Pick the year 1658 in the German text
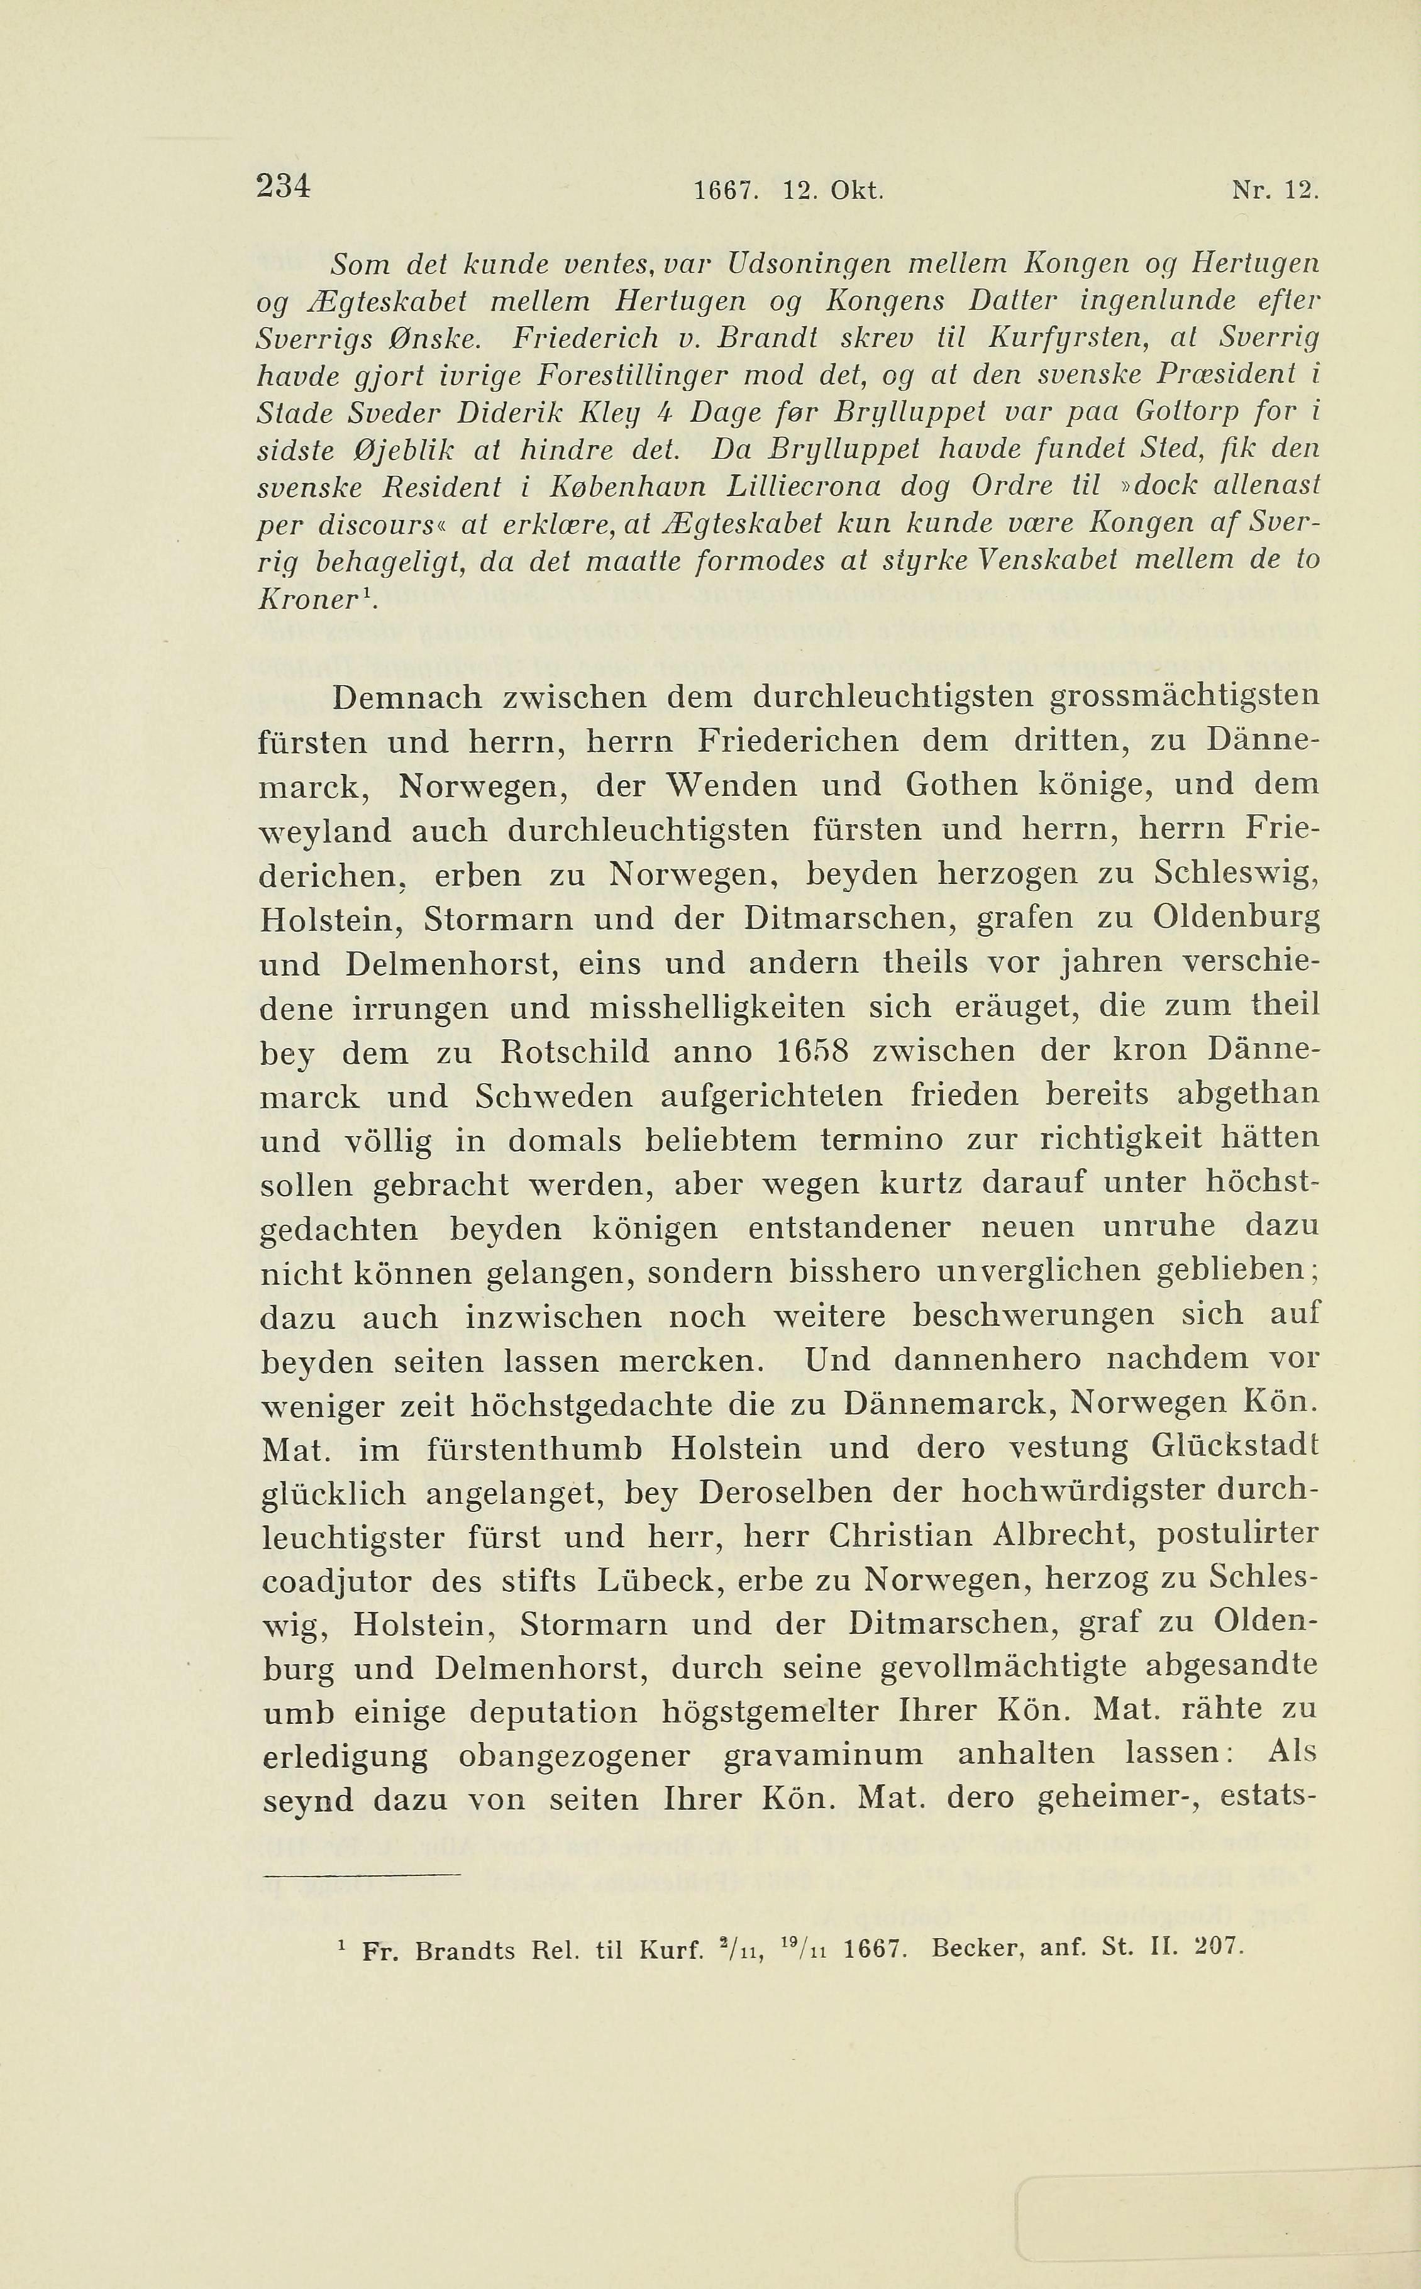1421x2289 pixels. click(813, 1052)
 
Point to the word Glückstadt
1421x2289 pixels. click(1235, 1447)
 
